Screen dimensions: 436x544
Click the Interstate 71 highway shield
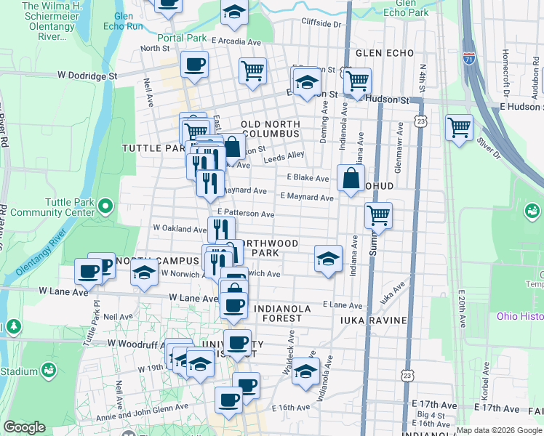point(470,57)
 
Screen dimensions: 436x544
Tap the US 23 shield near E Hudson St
point(420,119)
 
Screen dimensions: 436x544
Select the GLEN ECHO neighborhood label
point(385,53)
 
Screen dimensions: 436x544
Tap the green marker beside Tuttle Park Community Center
point(106,207)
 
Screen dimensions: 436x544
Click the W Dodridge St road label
point(87,75)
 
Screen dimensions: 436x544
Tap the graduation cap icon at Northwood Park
point(328,258)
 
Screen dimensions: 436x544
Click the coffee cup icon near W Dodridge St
point(194,65)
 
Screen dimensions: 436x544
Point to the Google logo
point(24,427)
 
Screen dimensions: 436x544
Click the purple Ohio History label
point(519,316)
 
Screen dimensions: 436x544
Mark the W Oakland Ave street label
point(179,227)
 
